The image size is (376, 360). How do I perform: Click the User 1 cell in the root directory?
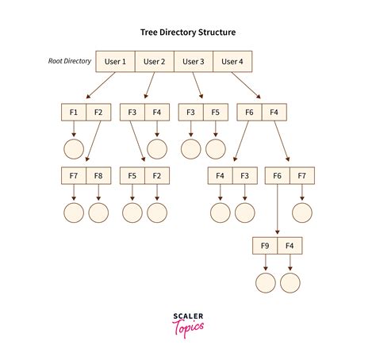115,61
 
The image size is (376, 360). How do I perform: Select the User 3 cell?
194,61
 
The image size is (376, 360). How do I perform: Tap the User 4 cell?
233,61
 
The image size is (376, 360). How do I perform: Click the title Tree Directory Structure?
188,32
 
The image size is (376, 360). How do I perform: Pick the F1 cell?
73,113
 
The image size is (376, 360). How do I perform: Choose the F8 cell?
98,174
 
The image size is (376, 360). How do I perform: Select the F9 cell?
265,246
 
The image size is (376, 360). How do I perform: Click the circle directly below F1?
73,148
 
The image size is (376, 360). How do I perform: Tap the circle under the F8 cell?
98,213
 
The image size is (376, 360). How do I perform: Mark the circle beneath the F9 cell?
265,283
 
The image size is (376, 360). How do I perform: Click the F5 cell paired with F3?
216,113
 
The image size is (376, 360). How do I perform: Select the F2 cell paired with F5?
157,174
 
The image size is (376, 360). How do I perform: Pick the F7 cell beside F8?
73,174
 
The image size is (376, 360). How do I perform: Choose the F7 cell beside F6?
301,174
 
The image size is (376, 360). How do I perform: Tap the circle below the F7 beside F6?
301,213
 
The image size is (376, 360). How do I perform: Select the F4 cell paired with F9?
290,246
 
